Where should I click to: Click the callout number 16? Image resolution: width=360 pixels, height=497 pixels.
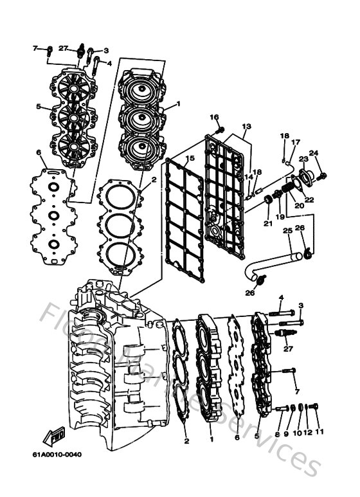click(215, 117)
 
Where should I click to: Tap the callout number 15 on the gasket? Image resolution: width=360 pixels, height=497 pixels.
click(189, 159)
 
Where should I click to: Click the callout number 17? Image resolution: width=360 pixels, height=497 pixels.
click(296, 142)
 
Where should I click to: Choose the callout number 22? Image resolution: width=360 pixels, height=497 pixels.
click(309, 199)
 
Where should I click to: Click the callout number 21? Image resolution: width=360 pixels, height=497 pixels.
click(267, 223)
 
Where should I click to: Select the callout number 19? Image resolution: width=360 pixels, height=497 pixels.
click(280, 217)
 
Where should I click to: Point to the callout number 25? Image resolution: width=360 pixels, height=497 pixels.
click(288, 230)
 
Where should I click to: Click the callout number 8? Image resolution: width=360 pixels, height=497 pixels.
click(278, 434)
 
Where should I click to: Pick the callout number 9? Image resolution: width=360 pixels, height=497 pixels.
click(287, 434)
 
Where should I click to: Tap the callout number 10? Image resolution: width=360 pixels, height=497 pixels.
click(297, 434)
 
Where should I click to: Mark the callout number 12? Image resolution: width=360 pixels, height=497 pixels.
click(308, 434)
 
